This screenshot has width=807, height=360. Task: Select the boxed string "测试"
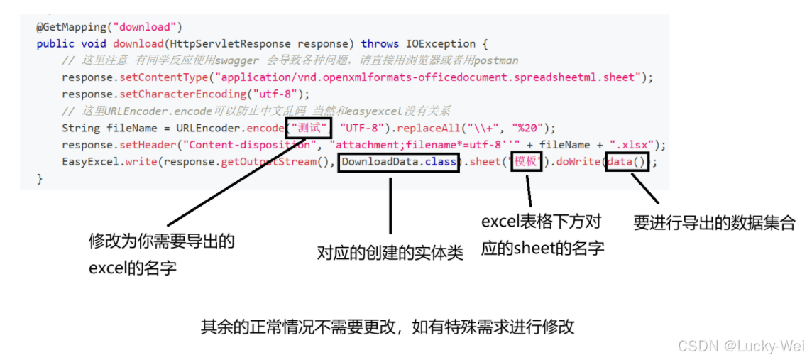pos(309,129)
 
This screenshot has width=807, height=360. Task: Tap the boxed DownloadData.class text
pos(399,162)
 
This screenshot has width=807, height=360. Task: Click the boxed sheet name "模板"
pos(527,162)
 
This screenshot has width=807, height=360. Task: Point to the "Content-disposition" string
pos(249,146)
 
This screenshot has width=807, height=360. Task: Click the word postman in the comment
pos(496,60)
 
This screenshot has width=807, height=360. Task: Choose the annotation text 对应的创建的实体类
pos(390,253)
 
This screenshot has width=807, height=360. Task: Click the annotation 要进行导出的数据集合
pos(714,223)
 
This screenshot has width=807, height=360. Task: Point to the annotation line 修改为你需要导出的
pos(162,241)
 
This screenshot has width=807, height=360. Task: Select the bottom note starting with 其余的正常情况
pos(387,327)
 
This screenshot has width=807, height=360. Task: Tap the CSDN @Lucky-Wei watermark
pos(741,346)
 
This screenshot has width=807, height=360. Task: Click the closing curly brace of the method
pos(40,179)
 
